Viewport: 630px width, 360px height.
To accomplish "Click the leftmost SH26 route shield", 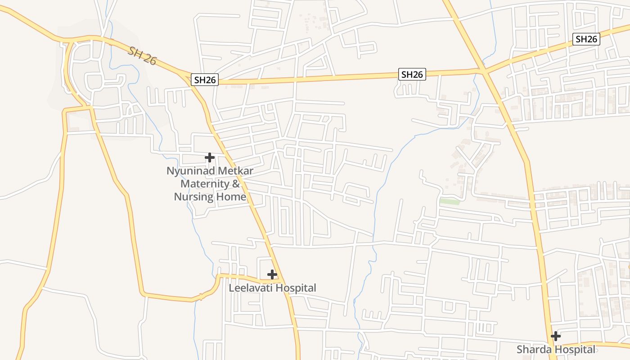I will pos(205,80).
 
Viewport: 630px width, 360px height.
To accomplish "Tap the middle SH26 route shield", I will pos(412,74).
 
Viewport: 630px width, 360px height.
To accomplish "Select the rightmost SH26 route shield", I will pos(586,39).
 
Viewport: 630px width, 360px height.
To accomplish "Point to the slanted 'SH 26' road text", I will pos(142,55).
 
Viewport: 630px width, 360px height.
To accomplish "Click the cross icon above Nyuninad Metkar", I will pos(209,157).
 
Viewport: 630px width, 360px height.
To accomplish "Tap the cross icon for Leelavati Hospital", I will pos(272,274).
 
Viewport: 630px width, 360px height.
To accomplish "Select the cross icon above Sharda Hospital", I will pos(556,336).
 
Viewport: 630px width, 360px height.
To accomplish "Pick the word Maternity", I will pos(205,184).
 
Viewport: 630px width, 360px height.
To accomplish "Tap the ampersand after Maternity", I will pos(236,184).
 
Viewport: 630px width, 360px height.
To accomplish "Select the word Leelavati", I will pos(251,288).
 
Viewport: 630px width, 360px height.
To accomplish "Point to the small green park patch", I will pos(450,202).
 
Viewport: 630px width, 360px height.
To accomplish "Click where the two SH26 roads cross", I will pos(482,71).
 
